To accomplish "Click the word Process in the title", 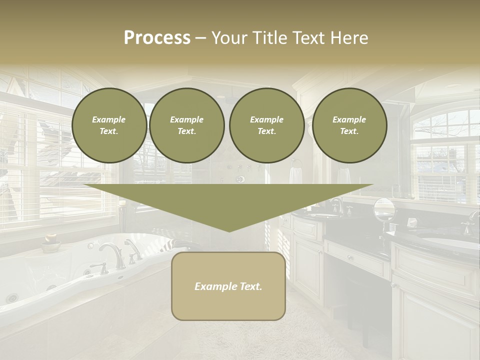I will click(x=157, y=38).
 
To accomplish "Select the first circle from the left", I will click(x=109, y=125).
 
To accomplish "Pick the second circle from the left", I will click(x=187, y=125).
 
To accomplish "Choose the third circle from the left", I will click(x=267, y=125).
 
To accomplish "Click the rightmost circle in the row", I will click(x=349, y=125).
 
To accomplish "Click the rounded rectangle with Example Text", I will click(x=228, y=286).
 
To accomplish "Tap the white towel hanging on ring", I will click(x=296, y=176).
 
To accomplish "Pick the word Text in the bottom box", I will click(x=251, y=286).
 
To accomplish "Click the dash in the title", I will click(x=200, y=38).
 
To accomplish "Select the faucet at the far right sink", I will click(x=470, y=222).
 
